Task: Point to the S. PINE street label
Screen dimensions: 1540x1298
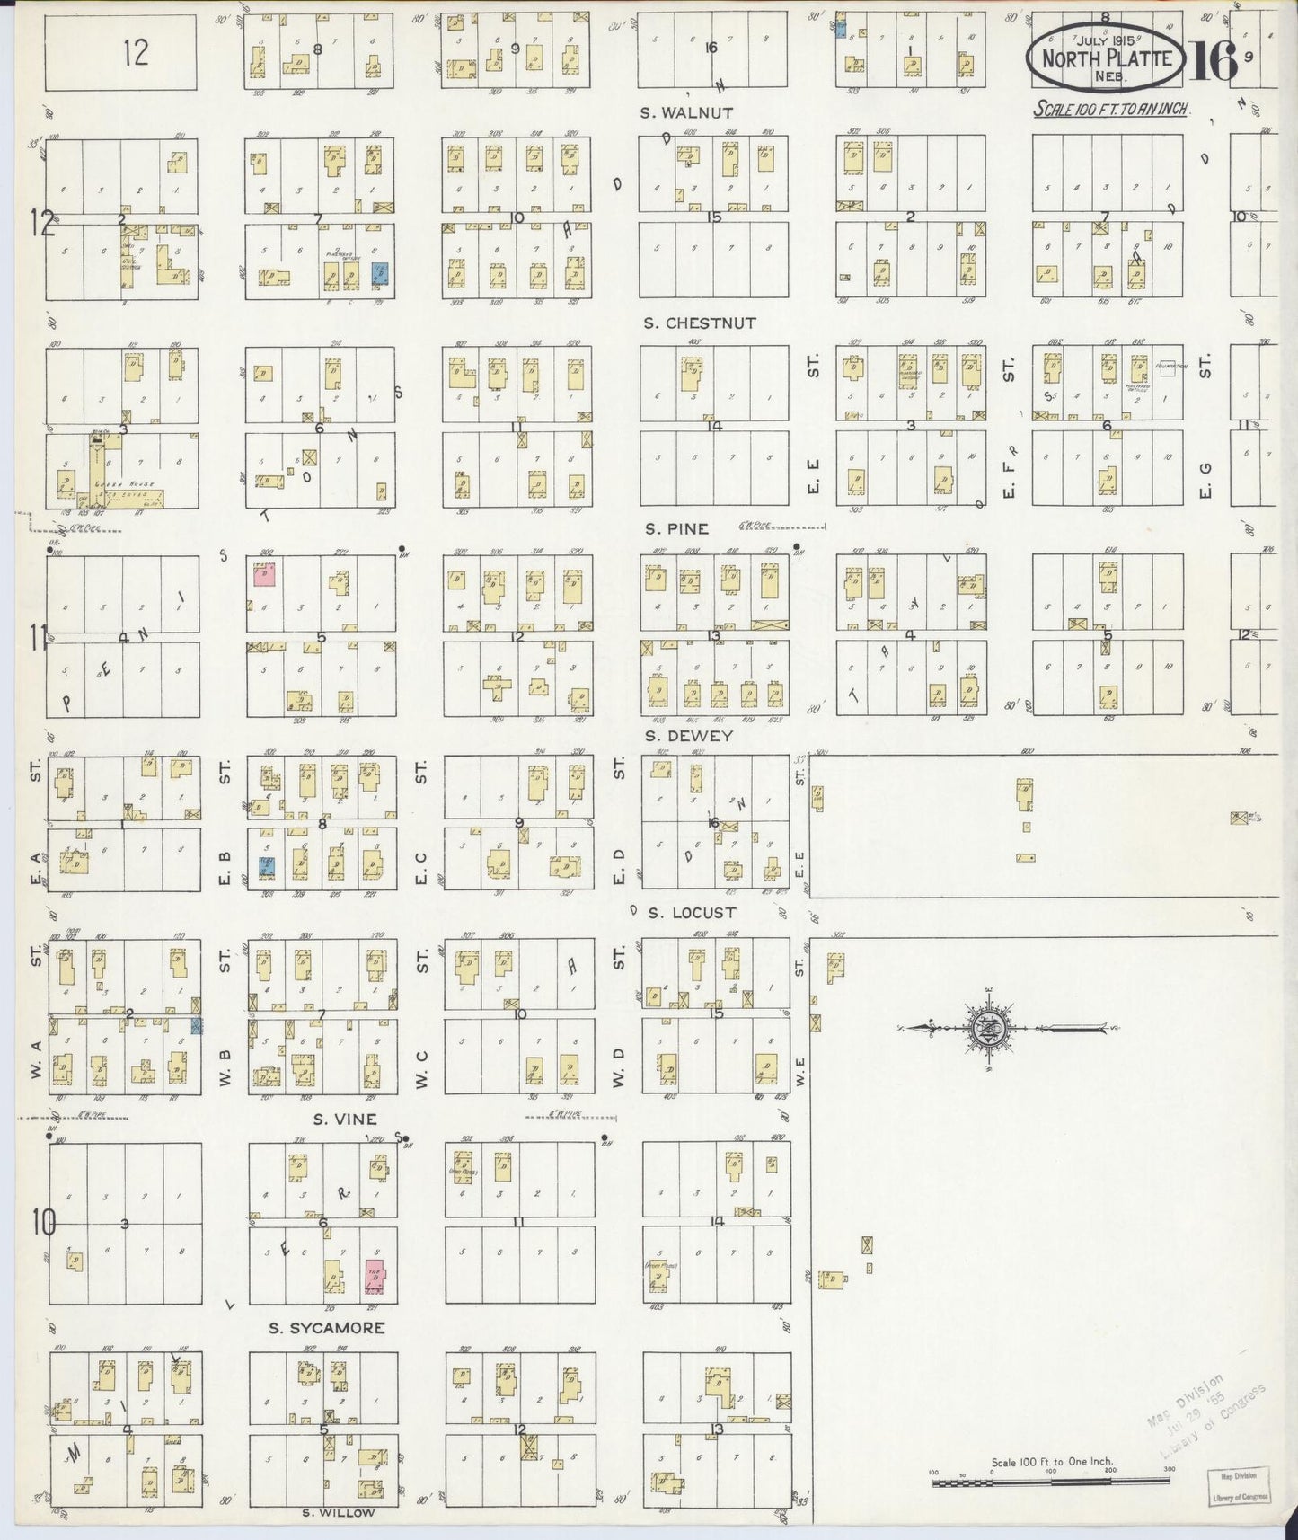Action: pyautogui.click(x=675, y=528)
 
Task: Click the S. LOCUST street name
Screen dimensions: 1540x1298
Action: pyautogui.click(x=692, y=913)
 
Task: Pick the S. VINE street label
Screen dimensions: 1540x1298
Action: pyautogui.click(x=344, y=1119)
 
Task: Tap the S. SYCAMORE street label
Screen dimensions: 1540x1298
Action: pyautogui.click(x=328, y=1327)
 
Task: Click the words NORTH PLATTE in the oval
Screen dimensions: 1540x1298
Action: pyautogui.click(x=1107, y=58)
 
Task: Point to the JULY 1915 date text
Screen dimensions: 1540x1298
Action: pyautogui.click(x=1107, y=40)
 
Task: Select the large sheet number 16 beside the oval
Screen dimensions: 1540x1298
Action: pyautogui.click(x=1214, y=60)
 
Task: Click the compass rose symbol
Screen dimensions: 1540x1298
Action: pyautogui.click(x=988, y=1027)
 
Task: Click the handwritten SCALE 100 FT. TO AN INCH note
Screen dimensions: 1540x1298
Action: pyautogui.click(x=1111, y=109)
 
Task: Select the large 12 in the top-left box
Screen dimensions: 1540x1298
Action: pyautogui.click(x=136, y=54)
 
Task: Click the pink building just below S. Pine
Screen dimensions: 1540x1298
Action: pyautogui.click(x=265, y=576)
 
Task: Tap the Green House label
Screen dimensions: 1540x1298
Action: pyautogui.click(x=138, y=484)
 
